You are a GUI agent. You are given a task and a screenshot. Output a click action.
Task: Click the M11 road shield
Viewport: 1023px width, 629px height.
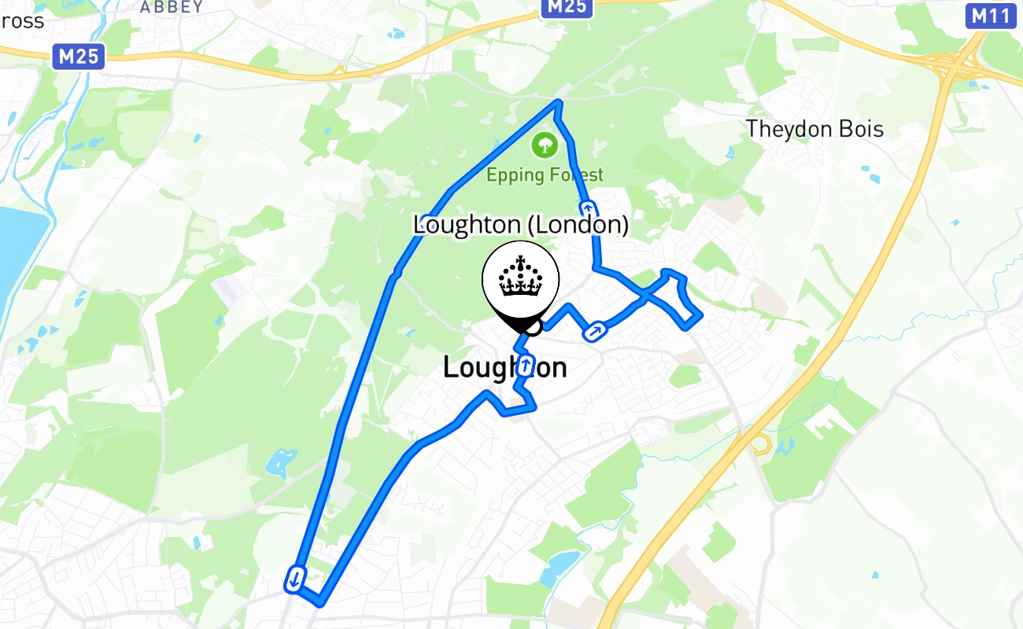click(x=990, y=16)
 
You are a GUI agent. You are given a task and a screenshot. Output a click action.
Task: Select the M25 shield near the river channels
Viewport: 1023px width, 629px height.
click(x=79, y=57)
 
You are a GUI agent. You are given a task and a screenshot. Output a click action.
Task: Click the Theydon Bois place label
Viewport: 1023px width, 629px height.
click(x=814, y=129)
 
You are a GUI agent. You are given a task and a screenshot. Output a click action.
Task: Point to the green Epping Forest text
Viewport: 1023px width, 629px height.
click(x=545, y=175)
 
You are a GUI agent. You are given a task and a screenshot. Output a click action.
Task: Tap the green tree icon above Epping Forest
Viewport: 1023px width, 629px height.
click(x=544, y=144)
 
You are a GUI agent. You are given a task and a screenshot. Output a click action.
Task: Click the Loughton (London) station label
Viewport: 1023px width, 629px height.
click(x=521, y=226)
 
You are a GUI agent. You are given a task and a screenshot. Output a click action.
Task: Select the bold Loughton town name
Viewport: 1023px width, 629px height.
click(x=504, y=368)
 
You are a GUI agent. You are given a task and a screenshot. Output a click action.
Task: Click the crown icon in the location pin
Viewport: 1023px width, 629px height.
click(x=520, y=278)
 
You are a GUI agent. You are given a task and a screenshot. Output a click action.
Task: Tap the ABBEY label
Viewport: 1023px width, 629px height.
click(x=171, y=7)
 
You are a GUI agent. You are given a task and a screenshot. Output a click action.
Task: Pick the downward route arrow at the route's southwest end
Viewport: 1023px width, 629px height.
click(x=295, y=579)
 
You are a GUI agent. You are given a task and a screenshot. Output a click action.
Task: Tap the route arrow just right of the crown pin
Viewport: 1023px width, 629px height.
click(x=596, y=332)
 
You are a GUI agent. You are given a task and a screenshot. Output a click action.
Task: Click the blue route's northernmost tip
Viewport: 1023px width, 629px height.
click(x=558, y=102)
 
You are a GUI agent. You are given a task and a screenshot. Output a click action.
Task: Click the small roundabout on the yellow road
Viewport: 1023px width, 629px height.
click(x=759, y=444)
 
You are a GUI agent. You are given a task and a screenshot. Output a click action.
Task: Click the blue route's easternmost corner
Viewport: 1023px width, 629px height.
click(x=699, y=316)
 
